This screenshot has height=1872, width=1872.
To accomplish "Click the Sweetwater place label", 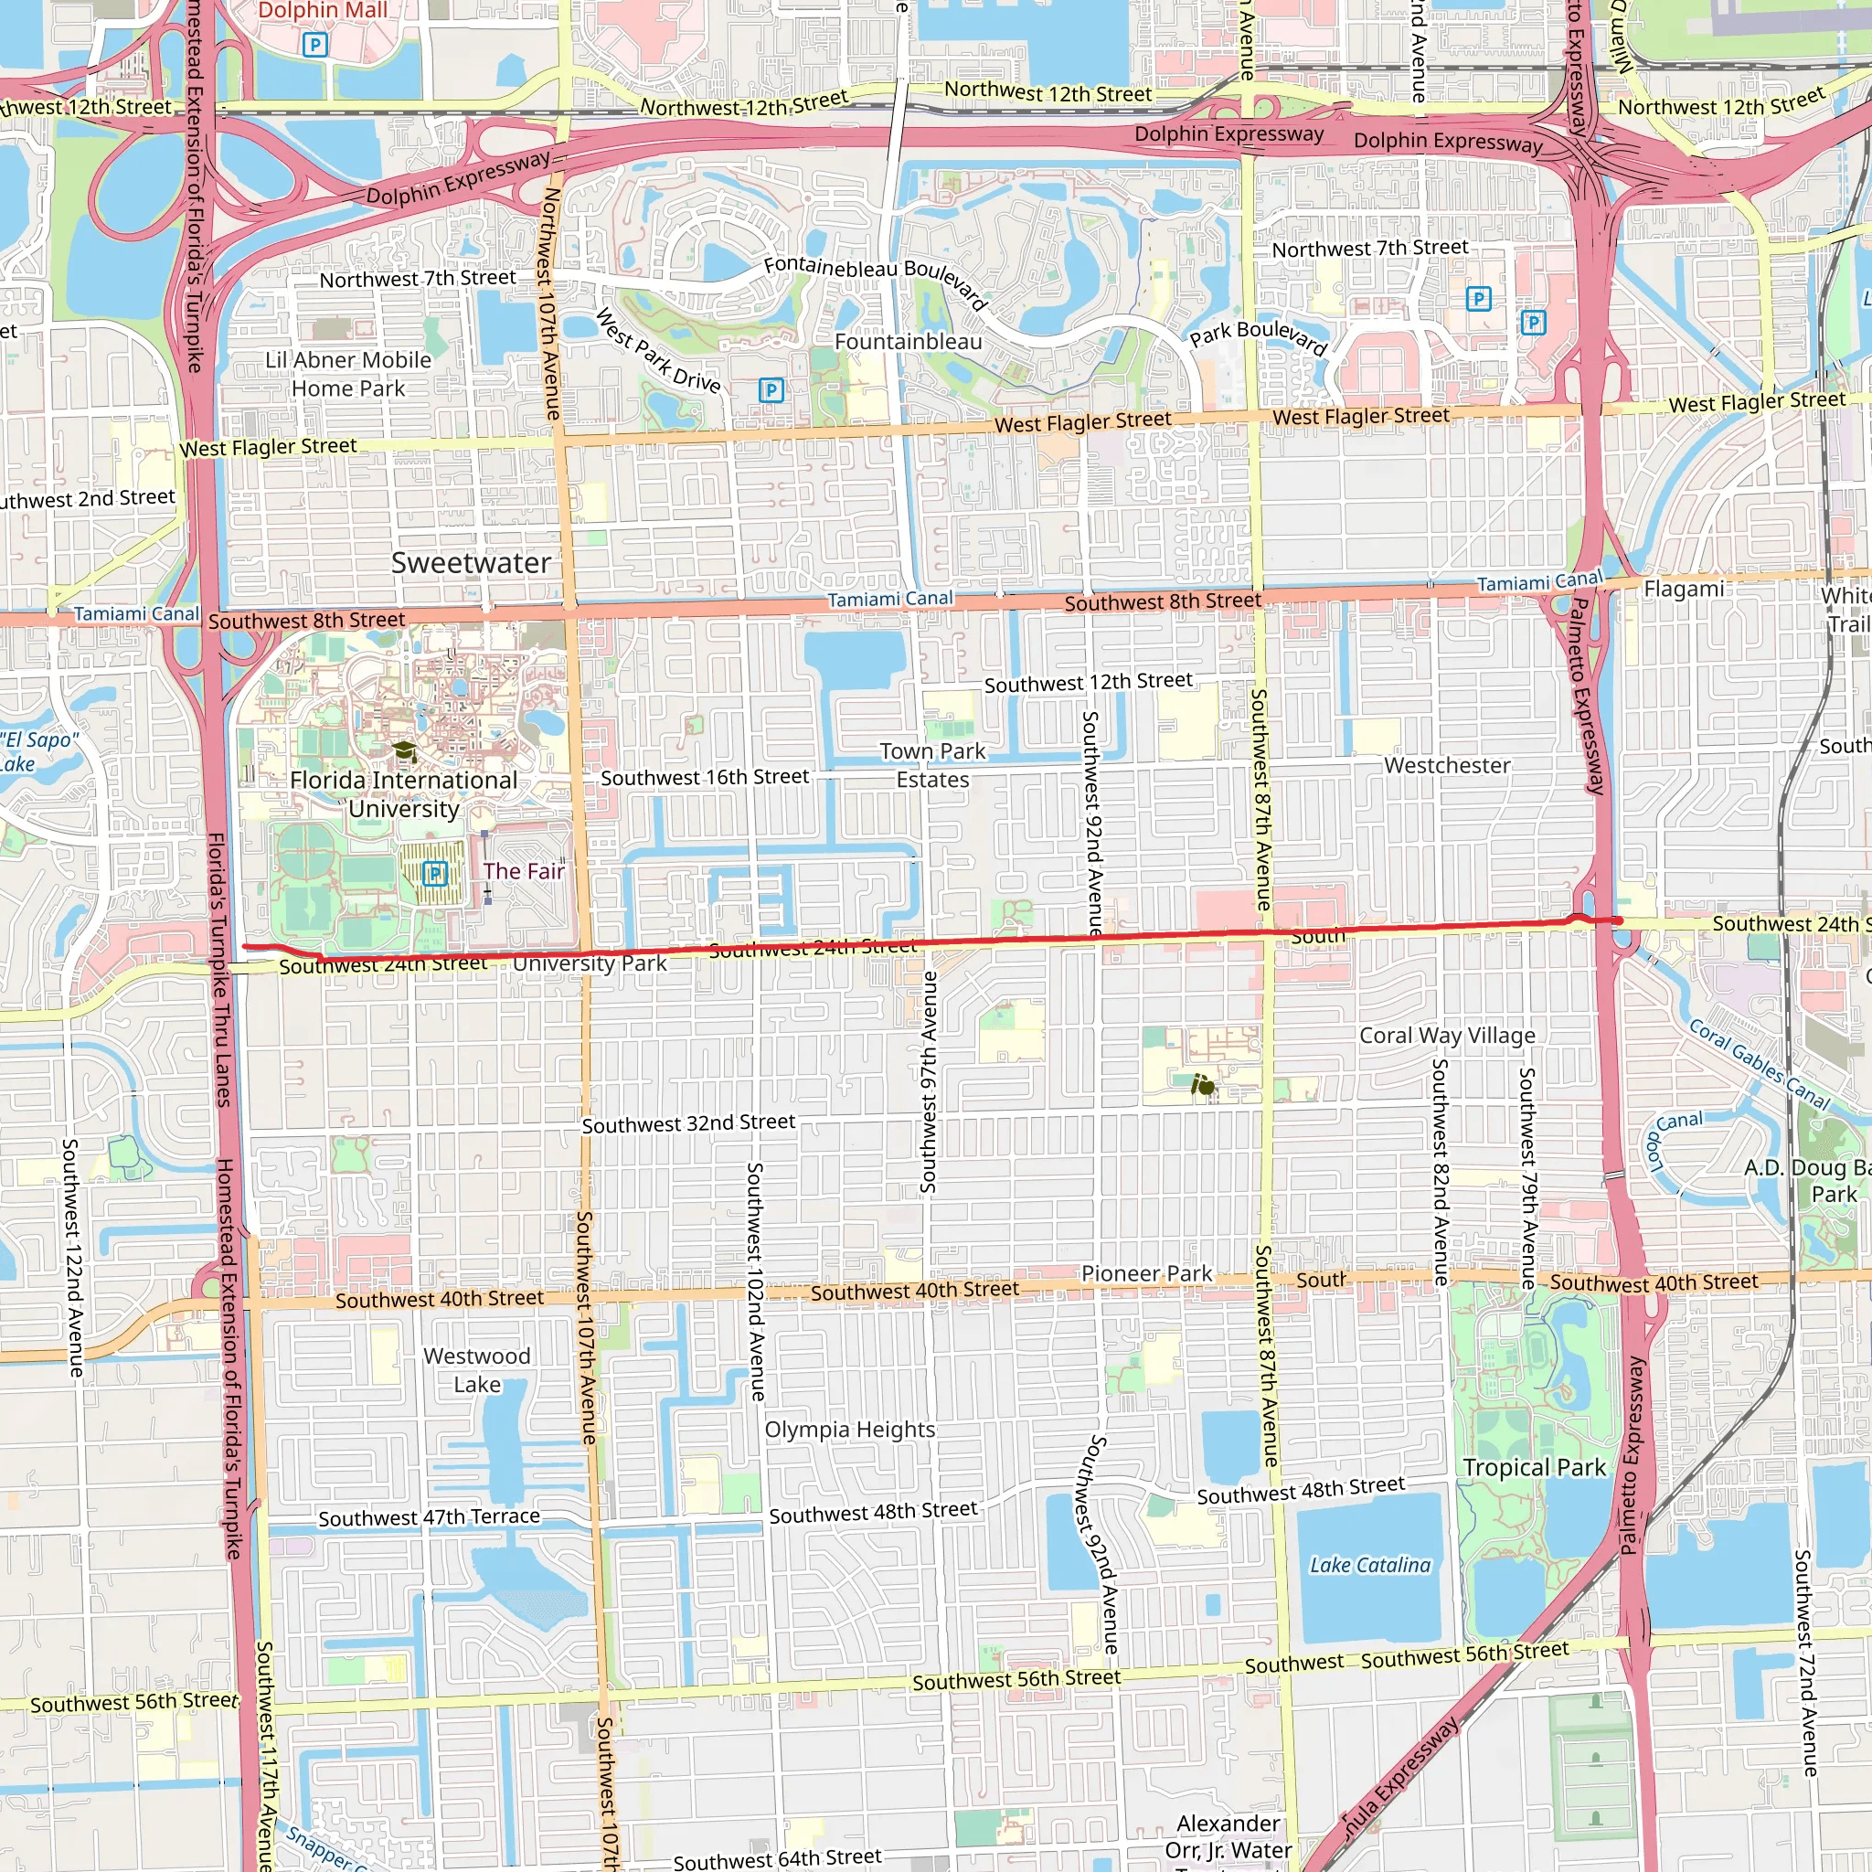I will (471, 563).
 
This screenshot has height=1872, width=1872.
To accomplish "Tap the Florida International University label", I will (403, 794).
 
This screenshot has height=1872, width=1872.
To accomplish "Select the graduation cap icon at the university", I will (404, 752).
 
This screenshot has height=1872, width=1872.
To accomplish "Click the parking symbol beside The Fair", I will (435, 874).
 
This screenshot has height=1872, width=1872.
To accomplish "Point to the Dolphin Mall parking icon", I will (315, 45).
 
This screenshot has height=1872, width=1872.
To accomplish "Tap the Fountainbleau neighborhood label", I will (908, 342).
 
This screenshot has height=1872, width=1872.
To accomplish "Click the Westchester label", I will (1447, 765).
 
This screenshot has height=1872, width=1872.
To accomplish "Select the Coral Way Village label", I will (1447, 1036).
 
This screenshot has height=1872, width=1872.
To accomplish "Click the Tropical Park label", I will (1534, 1468).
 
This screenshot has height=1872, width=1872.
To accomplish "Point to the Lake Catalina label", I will (1369, 1565).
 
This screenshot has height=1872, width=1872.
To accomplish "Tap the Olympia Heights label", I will (850, 1431).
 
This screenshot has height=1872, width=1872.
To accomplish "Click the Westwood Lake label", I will (477, 1370).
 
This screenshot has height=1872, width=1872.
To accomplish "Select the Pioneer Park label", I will (1146, 1273).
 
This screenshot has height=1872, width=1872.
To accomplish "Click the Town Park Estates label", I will (932, 765).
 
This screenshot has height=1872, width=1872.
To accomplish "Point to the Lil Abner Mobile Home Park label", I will (349, 374).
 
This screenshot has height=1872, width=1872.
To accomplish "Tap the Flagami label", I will (1684, 590).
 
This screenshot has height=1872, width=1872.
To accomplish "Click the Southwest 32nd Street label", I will (688, 1123).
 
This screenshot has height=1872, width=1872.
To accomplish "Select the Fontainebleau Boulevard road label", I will (874, 279).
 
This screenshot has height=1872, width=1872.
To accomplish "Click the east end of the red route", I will (1618, 920).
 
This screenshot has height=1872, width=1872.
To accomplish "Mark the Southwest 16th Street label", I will (705, 777).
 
